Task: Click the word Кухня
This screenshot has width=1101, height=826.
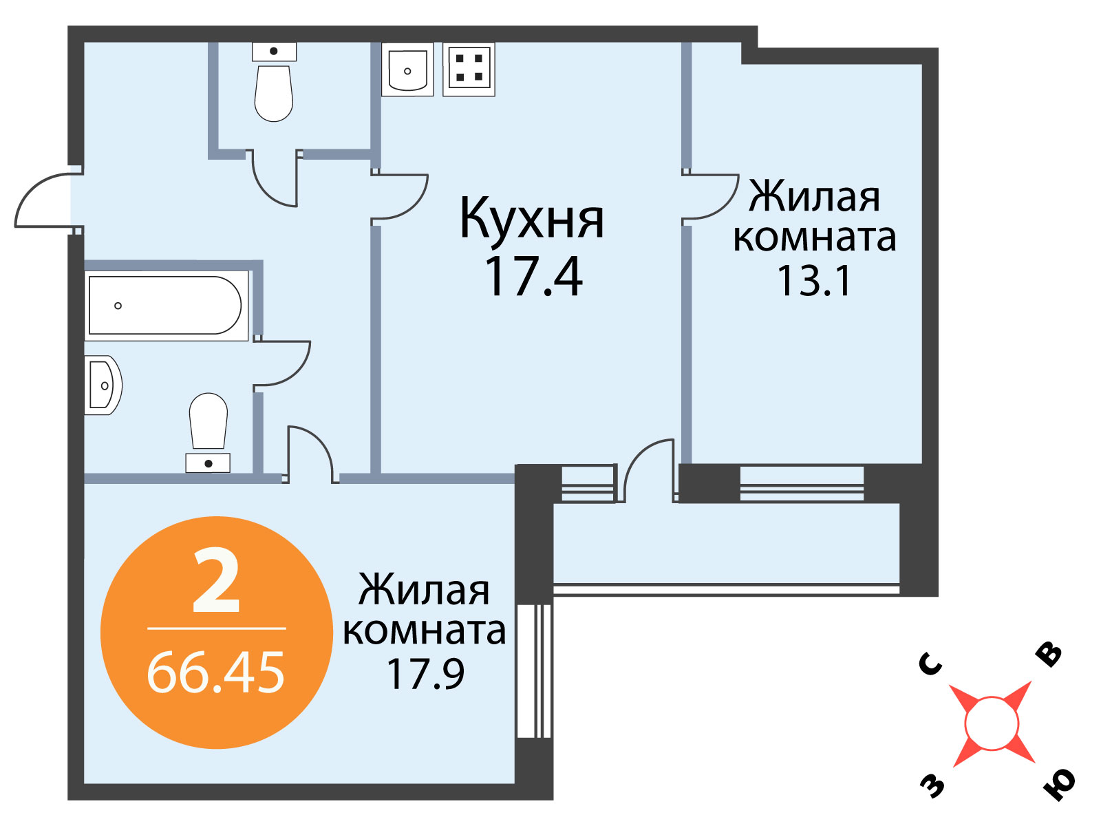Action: coord(532,219)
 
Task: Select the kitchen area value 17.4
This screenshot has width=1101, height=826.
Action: coord(534,276)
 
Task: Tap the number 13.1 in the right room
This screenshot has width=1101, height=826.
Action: coord(813,282)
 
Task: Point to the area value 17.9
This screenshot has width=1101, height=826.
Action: coord(425,674)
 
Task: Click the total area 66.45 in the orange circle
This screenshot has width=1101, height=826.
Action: coord(215,672)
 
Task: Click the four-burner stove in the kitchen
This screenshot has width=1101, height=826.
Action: coord(469,70)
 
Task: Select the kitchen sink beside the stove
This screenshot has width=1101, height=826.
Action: coord(407,70)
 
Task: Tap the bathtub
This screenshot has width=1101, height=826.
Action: coord(166,306)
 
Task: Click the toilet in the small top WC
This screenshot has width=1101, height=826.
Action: coord(274,82)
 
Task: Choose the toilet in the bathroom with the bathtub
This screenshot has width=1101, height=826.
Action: coord(209,432)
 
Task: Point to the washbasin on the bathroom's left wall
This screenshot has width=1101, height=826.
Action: coord(103,385)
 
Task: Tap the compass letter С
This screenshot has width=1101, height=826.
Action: coord(930,664)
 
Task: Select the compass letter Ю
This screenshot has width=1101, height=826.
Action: coord(1058,784)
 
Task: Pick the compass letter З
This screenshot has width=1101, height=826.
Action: coord(932,785)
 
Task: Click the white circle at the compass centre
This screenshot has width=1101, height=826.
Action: coord(992,723)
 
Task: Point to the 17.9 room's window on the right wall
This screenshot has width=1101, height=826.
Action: coord(534,671)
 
